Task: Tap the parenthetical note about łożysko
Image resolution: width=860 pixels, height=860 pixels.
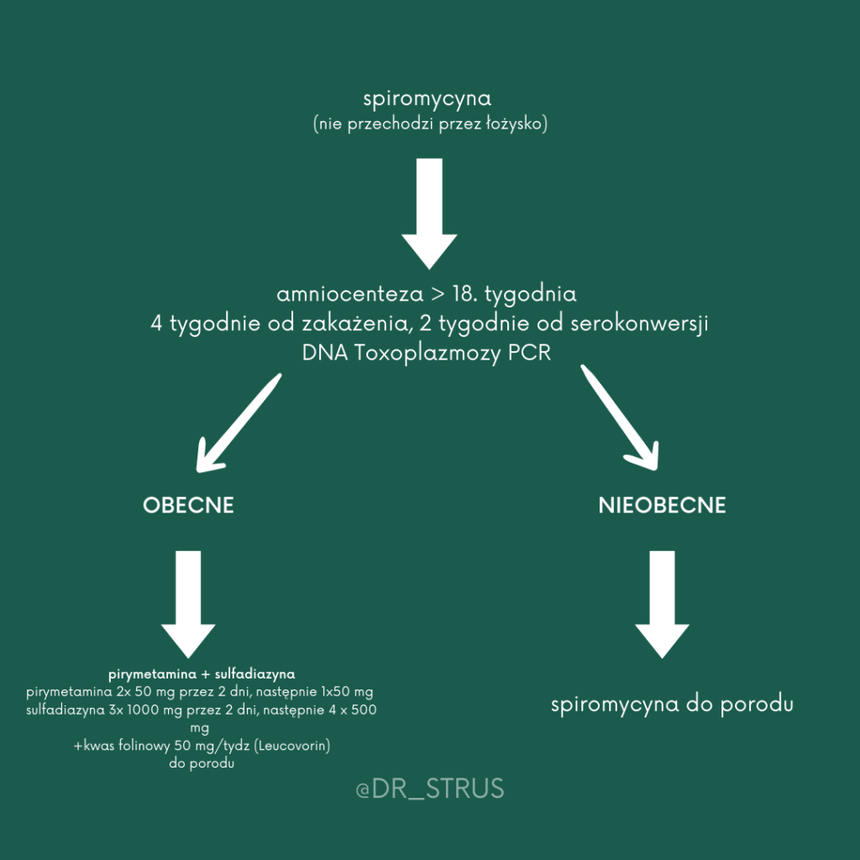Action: coord(429,124)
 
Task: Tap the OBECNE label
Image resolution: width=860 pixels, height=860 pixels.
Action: coord(188,506)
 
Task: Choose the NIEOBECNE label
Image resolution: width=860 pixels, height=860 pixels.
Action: coord(662,506)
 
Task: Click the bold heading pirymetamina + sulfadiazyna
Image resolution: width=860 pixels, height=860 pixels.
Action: coord(202,674)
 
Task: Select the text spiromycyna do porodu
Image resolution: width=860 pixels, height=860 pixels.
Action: coord(672,705)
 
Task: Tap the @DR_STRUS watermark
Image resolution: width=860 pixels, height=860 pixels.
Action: coord(429,789)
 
